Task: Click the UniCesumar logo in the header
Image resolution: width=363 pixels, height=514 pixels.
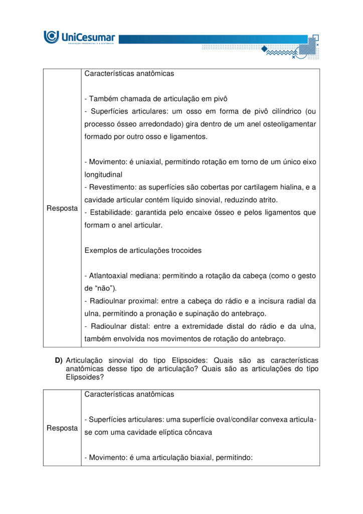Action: tap(79, 37)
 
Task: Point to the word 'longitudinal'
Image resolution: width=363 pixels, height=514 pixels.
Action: tap(103, 175)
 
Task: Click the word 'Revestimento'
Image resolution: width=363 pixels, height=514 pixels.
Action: tap(112, 187)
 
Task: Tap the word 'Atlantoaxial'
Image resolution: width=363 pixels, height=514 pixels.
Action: tap(109, 276)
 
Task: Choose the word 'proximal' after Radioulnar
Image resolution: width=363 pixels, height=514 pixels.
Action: tap(146, 301)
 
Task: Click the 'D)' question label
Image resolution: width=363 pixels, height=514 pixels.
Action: tap(59, 360)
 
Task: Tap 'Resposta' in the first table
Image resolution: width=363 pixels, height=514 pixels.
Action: tap(62, 208)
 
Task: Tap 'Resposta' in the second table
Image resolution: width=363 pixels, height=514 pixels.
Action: tap(62, 428)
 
